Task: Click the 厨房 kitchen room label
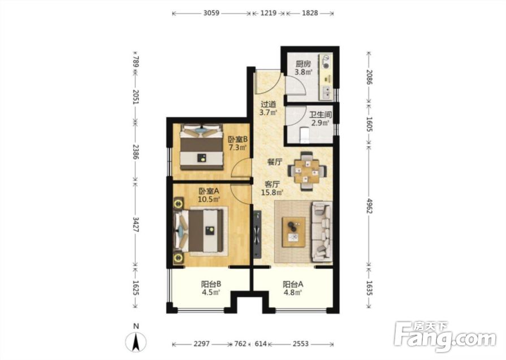pos(303,64)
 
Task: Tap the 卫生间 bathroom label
pos(321,115)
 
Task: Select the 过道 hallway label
pos(269,105)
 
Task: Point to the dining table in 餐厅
pos(307,171)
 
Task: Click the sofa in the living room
pos(322,231)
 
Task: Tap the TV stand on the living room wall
pos(257,235)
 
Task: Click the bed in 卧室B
pos(202,146)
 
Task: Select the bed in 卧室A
pos(199,230)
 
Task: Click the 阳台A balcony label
pos(293,284)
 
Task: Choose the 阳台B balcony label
pos(211,284)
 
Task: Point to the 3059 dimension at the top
pos(211,13)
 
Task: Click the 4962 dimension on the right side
pos(370,206)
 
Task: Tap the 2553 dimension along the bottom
pos(301,344)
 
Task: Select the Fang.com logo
pos(446,336)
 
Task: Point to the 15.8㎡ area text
pos(272,193)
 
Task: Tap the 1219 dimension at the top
pos(269,13)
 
